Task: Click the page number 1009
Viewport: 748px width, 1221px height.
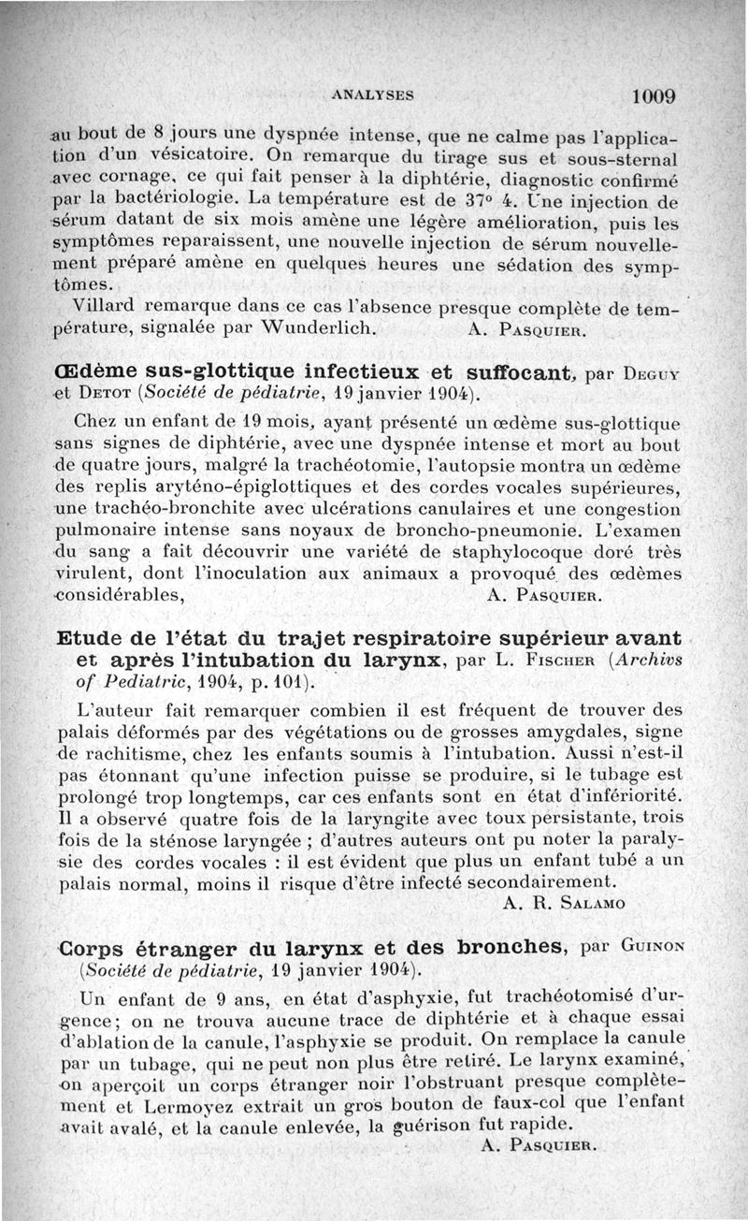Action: (x=654, y=95)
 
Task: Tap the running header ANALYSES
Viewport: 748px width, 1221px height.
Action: (x=374, y=94)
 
